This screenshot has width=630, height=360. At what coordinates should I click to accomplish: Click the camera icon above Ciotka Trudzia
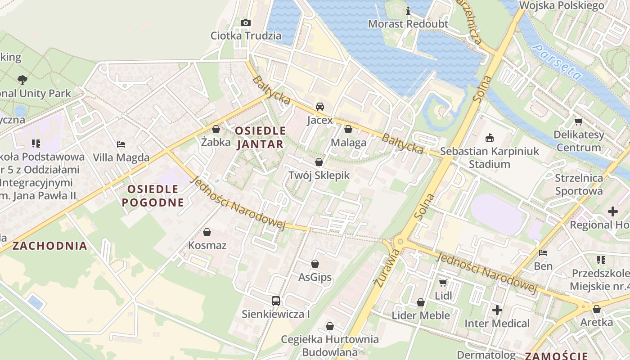click(x=245, y=22)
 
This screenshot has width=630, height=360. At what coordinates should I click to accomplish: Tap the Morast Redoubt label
click(x=408, y=24)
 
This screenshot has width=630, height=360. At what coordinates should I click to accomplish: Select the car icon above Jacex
click(x=320, y=107)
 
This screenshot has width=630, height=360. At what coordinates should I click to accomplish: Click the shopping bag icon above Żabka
click(x=216, y=129)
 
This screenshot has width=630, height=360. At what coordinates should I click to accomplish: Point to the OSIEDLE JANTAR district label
click(x=260, y=137)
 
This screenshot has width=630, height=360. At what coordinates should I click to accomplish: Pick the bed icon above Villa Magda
click(x=121, y=144)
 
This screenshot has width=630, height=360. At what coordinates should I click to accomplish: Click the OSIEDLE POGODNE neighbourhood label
click(x=153, y=196)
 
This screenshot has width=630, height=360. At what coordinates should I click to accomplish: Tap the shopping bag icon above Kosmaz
click(x=207, y=232)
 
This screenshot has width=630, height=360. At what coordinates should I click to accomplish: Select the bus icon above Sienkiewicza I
click(x=276, y=301)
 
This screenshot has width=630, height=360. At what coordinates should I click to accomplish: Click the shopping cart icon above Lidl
click(x=443, y=283)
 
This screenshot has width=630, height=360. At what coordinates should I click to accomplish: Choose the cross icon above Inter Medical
click(x=497, y=310)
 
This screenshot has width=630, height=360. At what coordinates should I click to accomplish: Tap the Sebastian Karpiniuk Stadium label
click(x=490, y=157)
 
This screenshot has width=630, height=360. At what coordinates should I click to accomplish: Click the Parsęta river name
click(x=556, y=63)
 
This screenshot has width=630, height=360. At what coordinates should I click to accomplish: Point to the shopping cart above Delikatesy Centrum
click(x=578, y=121)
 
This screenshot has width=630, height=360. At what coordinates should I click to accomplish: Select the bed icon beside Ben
click(x=543, y=253)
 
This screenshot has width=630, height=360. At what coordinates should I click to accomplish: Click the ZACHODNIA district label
click(x=49, y=246)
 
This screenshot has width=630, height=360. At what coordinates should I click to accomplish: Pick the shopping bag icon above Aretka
click(x=596, y=309)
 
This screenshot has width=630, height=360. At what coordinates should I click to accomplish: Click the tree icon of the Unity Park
click(x=22, y=80)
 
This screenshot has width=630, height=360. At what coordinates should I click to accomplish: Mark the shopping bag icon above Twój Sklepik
click(x=319, y=162)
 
